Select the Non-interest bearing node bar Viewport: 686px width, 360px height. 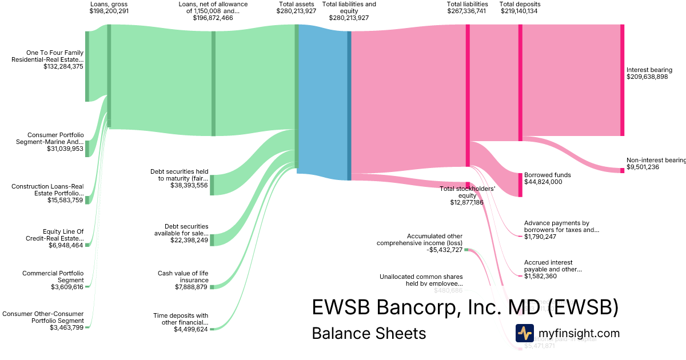click(622, 170)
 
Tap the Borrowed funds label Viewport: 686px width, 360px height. click(547, 175)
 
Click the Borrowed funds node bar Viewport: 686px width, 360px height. click(520, 185)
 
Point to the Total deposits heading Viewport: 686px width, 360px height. click(520, 4)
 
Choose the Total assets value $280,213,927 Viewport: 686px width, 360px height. click(296, 11)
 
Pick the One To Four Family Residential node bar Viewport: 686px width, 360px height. click(87, 66)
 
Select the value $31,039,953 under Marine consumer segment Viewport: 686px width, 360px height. click(65, 149)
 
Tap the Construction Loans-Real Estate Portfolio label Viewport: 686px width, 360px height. click(47, 190)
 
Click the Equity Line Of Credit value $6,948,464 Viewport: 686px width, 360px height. click(66, 245)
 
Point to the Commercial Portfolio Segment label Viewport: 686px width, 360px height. click(53, 276)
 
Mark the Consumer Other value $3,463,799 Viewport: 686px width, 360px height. click(66, 327)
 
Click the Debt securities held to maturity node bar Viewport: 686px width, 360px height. click(212, 185)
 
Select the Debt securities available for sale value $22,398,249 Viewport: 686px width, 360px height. click(181, 240)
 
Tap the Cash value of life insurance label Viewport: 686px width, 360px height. click(183, 277)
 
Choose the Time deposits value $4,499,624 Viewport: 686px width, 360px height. click(190, 329)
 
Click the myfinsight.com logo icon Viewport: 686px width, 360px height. click(524, 333)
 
